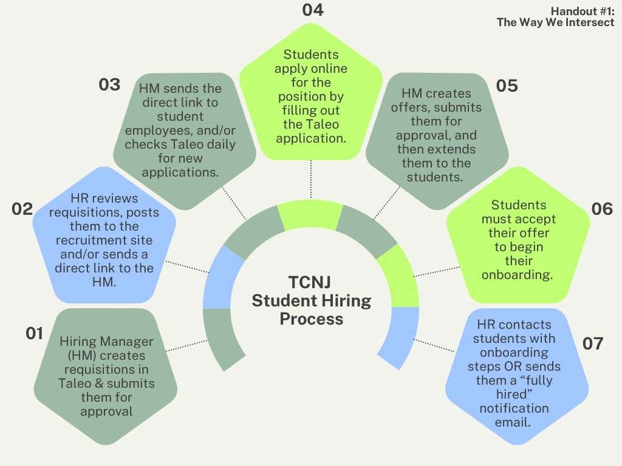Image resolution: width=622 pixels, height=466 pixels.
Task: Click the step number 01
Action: [x=34, y=333]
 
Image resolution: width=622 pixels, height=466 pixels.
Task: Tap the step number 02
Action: [x=22, y=209]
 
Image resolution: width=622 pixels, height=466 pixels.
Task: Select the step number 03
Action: [x=109, y=85]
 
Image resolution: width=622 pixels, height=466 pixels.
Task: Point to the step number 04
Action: [x=313, y=10]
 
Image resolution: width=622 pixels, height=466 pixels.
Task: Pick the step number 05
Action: [x=507, y=86]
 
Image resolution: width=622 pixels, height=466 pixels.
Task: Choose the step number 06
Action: [x=602, y=209]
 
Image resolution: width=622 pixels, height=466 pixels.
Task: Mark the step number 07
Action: [x=593, y=343]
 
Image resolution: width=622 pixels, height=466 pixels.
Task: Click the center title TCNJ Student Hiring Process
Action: [x=311, y=301]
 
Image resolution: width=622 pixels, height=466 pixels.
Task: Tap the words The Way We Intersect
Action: [x=555, y=22]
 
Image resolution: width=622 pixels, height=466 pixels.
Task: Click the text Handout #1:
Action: [x=583, y=11]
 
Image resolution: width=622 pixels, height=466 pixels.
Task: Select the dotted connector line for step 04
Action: [x=311, y=180]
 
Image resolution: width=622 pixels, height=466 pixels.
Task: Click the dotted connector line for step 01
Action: [x=186, y=346]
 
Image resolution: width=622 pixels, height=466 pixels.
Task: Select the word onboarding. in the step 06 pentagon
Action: [x=517, y=274]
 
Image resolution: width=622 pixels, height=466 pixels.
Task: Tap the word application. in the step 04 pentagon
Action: [x=310, y=138]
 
